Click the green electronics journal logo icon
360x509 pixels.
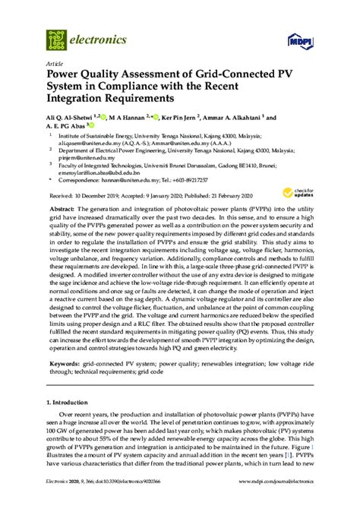pyautogui.click(x=55, y=35)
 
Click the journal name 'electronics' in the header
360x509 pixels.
pyautogui.click(x=95, y=36)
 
